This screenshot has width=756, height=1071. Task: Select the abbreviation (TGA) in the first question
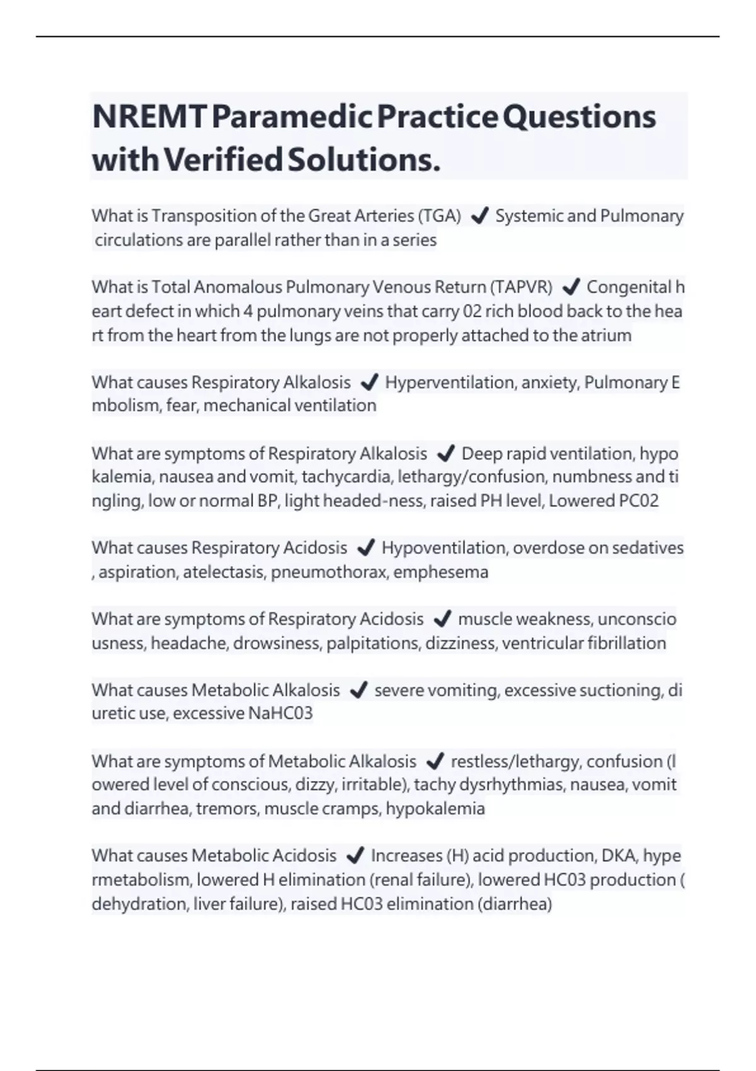pyautogui.click(x=439, y=216)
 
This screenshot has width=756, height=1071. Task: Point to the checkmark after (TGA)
pyautogui.click(x=479, y=216)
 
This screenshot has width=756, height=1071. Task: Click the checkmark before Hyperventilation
pyautogui.click(x=369, y=382)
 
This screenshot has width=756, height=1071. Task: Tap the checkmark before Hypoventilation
pyautogui.click(x=365, y=548)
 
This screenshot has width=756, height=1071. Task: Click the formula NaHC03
pyautogui.click(x=280, y=713)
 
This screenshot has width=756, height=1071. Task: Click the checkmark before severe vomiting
pyautogui.click(x=358, y=690)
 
